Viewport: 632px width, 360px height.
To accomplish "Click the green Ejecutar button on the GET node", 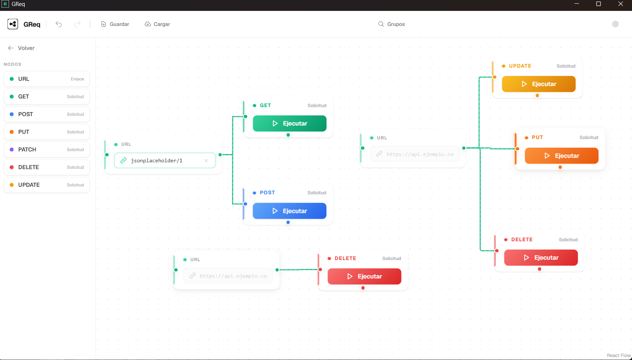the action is pyautogui.click(x=289, y=124).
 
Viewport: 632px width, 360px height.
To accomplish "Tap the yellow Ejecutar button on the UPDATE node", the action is pyautogui.click(x=539, y=84).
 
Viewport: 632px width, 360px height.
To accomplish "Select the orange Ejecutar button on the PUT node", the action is pyautogui.click(x=561, y=156).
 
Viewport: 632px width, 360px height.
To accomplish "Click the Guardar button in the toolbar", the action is pyautogui.click(x=115, y=24).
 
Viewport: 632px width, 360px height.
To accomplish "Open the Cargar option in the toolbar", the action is pyautogui.click(x=158, y=24).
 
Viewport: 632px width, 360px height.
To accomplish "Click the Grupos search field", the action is pyautogui.click(x=392, y=24).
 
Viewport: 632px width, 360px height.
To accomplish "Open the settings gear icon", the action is pyautogui.click(x=615, y=24).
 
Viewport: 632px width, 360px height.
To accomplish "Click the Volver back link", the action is pyautogui.click(x=21, y=48).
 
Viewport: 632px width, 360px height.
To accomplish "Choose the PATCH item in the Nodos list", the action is pyautogui.click(x=47, y=150).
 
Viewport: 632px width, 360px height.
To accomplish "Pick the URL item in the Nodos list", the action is pyautogui.click(x=47, y=79).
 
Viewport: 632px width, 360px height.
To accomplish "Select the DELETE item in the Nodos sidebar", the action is pyautogui.click(x=47, y=167).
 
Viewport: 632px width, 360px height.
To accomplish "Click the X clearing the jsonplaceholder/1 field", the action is pyautogui.click(x=206, y=161).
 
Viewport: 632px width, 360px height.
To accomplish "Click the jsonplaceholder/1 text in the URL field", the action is pyautogui.click(x=156, y=161).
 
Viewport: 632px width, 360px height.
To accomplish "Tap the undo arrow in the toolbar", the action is pyautogui.click(x=59, y=24).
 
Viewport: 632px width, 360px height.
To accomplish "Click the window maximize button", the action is pyautogui.click(x=599, y=4).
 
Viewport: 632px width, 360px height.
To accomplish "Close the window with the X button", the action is pyautogui.click(x=621, y=4).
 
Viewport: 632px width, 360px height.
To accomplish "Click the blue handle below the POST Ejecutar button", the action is pyautogui.click(x=288, y=222).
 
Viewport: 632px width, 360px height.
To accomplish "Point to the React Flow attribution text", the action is pyautogui.click(x=619, y=355).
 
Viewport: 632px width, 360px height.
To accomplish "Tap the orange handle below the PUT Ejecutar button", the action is pyautogui.click(x=560, y=167).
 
